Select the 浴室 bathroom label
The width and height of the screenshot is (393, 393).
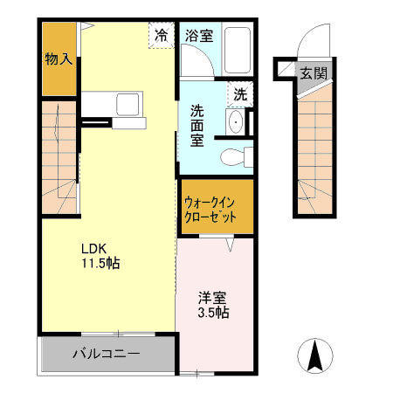[x=199, y=36]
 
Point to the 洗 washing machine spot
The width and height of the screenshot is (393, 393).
[x=238, y=90]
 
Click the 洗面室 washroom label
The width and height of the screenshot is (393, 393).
[x=198, y=125]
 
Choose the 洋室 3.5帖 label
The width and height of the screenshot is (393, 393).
[x=214, y=303]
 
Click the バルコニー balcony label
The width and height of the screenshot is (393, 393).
[x=105, y=356]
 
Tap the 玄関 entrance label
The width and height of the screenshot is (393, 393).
[x=314, y=72]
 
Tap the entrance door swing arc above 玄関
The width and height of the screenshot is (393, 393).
[x=307, y=39]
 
